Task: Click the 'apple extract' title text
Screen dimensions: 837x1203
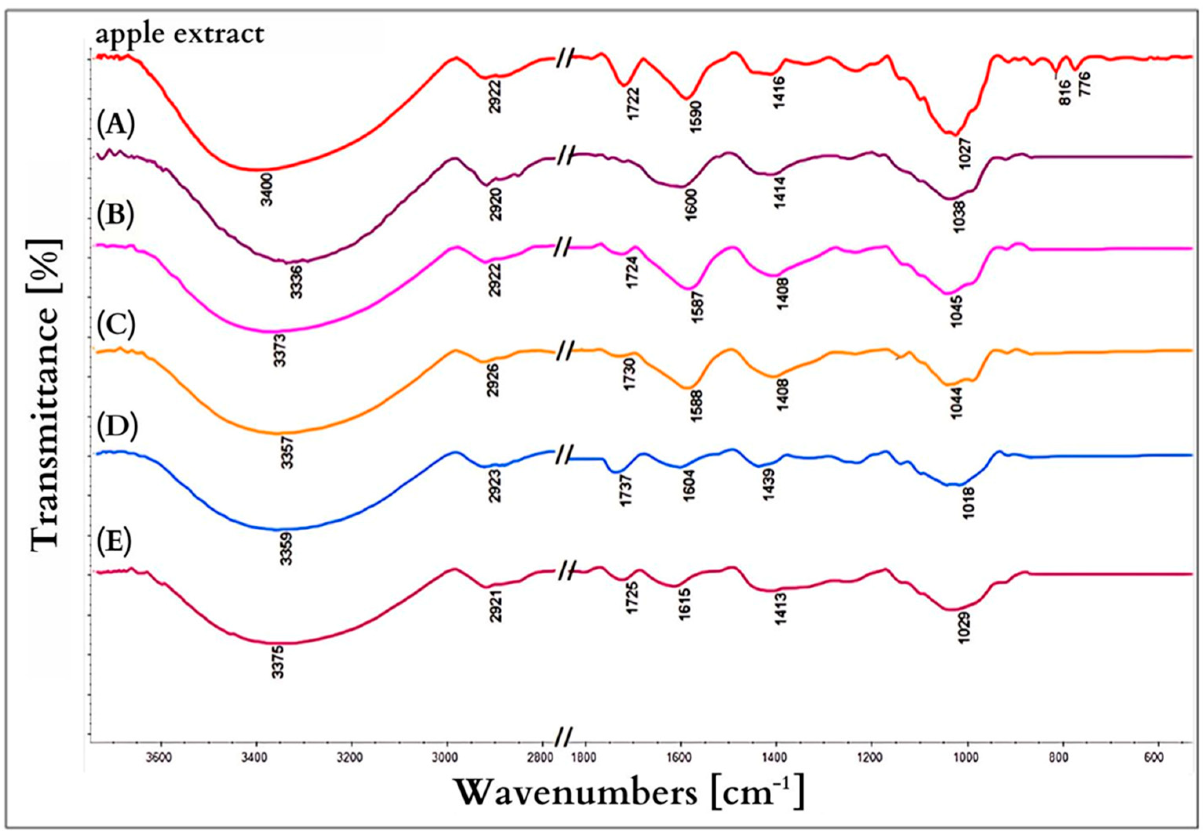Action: [x=179, y=35]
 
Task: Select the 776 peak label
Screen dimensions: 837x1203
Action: [x=1083, y=84]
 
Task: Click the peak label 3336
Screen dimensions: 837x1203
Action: [x=297, y=282]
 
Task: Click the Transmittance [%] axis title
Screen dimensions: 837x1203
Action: [x=46, y=393]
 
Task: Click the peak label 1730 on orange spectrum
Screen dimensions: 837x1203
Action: [x=630, y=374]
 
